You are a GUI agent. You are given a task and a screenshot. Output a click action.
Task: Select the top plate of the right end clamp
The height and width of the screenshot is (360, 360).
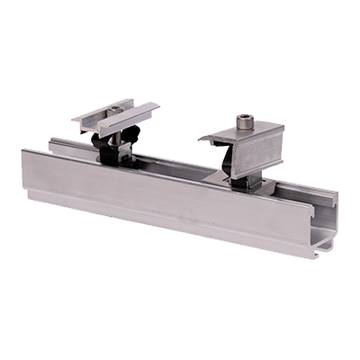(244, 135)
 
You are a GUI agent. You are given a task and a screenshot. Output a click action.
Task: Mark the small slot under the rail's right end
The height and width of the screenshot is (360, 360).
(326, 244)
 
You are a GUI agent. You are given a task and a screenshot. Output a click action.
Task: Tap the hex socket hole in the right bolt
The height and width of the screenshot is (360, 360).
(246, 118)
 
